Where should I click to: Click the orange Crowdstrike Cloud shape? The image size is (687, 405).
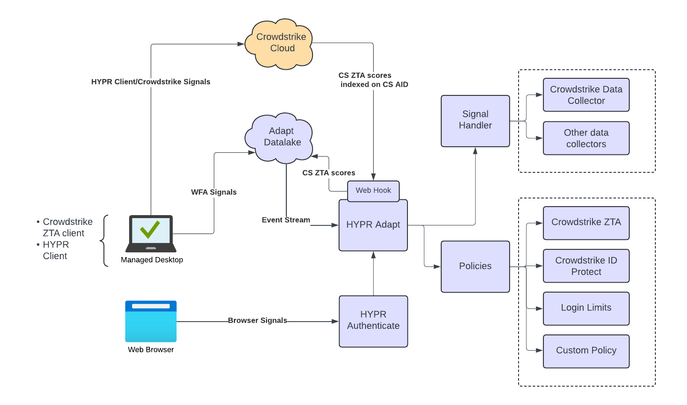(x=280, y=44)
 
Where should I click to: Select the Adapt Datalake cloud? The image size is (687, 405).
(x=280, y=138)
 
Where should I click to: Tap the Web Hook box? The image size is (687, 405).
(x=373, y=191)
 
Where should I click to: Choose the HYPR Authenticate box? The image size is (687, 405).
(x=373, y=321)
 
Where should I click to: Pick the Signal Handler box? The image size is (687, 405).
(x=475, y=121)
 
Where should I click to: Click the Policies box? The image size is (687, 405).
(x=475, y=266)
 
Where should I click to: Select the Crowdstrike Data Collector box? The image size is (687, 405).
(x=586, y=95)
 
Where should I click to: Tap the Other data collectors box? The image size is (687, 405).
(x=586, y=138)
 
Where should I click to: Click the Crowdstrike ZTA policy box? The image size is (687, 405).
(x=586, y=223)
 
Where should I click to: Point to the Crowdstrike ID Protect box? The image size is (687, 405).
(x=586, y=266)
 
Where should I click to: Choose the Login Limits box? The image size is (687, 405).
(x=586, y=308)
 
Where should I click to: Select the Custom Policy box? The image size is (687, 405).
(x=586, y=351)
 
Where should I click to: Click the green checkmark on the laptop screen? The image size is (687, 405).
(x=150, y=230)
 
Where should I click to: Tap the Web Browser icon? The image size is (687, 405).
(x=150, y=322)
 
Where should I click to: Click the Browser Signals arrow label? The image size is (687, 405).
(x=257, y=320)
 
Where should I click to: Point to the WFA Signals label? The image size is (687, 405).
(x=214, y=192)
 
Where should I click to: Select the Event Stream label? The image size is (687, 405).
(x=286, y=220)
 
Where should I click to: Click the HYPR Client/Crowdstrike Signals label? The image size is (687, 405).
(x=150, y=82)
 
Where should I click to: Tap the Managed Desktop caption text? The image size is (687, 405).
(x=152, y=260)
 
